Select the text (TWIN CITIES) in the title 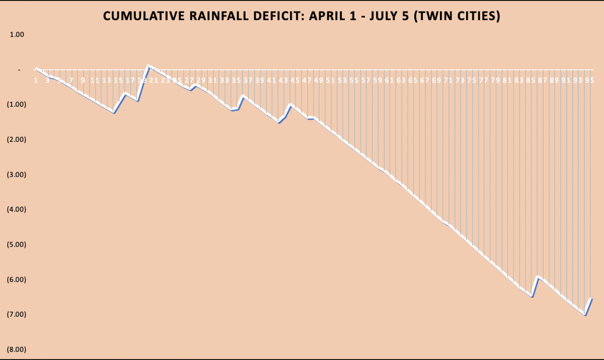point(457,16)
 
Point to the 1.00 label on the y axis point(17,35)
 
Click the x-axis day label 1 point(36,80)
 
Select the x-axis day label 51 point(330,80)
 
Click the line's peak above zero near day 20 point(148,65)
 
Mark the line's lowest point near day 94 point(585,315)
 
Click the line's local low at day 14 point(114,113)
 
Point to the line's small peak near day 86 point(538,276)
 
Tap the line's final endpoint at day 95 point(591,299)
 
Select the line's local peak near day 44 point(291,104)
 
